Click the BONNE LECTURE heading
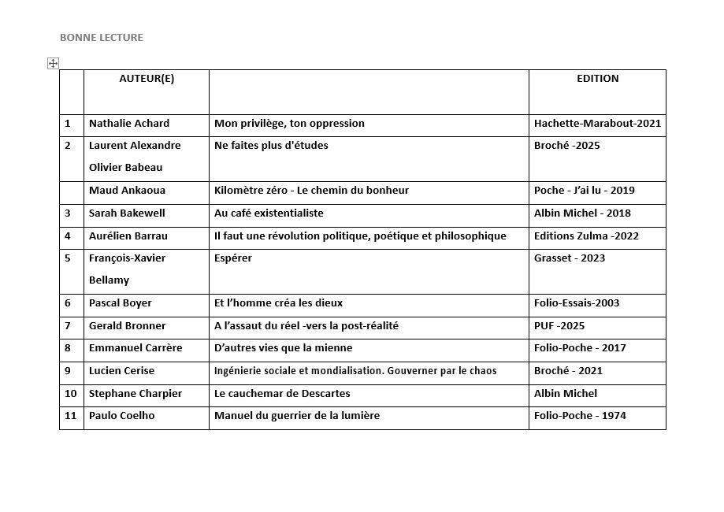tap(102, 37)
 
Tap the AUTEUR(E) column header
tap(147, 79)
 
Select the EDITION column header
tap(597, 79)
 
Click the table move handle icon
tap(54, 63)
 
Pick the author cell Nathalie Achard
tap(129, 124)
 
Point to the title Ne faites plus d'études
tap(271, 146)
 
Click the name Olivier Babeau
tap(126, 168)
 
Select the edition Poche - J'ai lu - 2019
tap(584, 191)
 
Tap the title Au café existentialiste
tap(269, 213)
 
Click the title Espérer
tap(233, 258)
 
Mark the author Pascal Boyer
tap(121, 303)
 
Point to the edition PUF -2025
tap(559, 326)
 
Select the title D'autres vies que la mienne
tap(283, 348)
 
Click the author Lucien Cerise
tap(121, 371)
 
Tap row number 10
tap(71, 394)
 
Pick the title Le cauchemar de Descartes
tap(282, 394)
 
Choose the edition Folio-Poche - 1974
tap(580, 416)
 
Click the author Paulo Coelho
tap(121, 416)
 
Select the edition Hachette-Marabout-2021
tap(597, 124)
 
